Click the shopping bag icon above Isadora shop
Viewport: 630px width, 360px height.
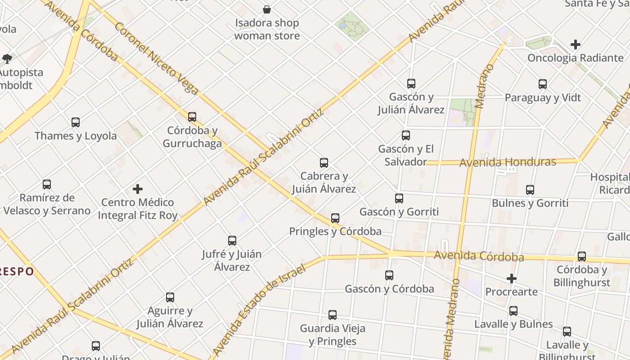pyautogui.click(x=267, y=9)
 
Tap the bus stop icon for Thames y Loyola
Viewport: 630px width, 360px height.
pyautogui.click(x=76, y=122)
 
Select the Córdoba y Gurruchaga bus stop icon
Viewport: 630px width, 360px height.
pyautogui.click(x=192, y=117)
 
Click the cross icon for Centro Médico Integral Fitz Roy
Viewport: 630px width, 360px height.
pyautogui.click(x=138, y=189)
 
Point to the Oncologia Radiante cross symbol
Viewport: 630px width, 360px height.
pyautogui.click(x=575, y=45)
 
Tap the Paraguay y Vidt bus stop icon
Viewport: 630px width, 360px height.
pyautogui.click(x=543, y=84)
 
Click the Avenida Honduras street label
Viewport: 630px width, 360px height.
pyautogui.click(x=508, y=162)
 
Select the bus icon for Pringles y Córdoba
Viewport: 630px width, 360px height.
pyautogui.click(x=335, y=218)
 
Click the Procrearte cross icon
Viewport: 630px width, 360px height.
pyautogui.click(x=511, y=279)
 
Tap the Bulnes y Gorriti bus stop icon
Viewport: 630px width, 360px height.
pyautogui.click(x=530, y=190)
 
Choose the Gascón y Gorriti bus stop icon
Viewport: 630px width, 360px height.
pyautogui.click(x=399, y=198)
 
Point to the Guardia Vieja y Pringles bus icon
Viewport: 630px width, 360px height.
pyautogui.click(x=333, y=315)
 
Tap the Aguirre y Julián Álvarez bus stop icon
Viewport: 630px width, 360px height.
pyautogui.click(x=170, y=297)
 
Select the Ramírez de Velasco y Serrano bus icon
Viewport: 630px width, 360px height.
pyautogui.click(x=47, y=184)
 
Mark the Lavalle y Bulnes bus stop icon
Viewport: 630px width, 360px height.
pyautogui.click(x=513, y=311)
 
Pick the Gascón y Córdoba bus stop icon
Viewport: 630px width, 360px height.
pyautogui.click(x=389, y=275)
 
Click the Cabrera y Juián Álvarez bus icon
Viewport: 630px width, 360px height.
pyautogui.click(x=324, y=163)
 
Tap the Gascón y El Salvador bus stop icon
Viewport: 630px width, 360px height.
pyautogui.click(x=406, y=135)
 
